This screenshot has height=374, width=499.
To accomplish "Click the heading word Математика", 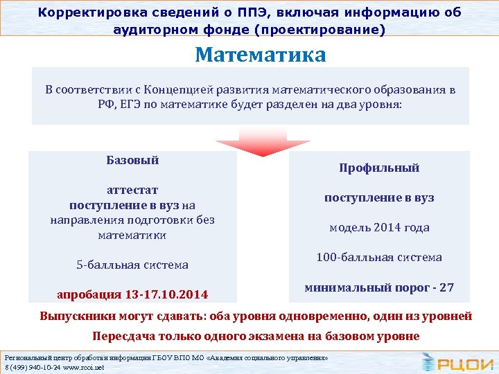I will [x=260, y=55].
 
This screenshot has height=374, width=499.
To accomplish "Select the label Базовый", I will [x=132, y=160].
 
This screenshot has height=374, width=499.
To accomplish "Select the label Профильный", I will [x=379, y=168].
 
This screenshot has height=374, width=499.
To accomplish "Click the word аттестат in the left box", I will [x=132, y=190].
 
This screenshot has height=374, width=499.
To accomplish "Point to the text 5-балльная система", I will [x=132, y=265].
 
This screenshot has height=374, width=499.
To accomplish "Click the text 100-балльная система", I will [x=379, y=257].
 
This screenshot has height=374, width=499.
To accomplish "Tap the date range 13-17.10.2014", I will [x=167, y=294].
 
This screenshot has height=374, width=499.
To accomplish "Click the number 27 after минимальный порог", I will [x=446, y=287].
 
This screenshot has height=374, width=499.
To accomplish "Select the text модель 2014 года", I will [x=379, y=227].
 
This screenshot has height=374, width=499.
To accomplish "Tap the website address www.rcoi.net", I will [x=82, y=367].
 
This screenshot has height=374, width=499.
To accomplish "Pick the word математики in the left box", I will [x=132, y=235].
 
